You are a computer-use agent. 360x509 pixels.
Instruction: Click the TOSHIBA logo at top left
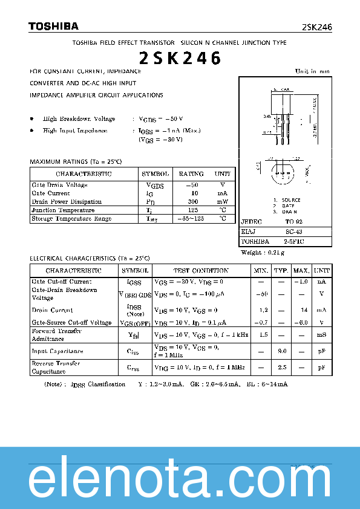pos(53,26)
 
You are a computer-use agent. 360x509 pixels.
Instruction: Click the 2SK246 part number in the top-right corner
pos(316,28)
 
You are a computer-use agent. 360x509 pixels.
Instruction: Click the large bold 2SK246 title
pos(180,58)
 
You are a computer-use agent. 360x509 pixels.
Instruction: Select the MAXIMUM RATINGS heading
pos(76,162)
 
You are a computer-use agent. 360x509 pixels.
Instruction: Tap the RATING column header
pos(191,174)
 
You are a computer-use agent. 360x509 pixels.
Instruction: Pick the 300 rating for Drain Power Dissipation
pos(193,202)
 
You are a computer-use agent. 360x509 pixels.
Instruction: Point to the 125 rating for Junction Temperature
pos(193,210)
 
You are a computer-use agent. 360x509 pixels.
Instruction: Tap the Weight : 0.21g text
pos(262,252)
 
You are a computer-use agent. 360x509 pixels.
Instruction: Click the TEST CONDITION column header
pos(201,271)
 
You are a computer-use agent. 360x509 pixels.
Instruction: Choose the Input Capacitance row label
pos(57,351)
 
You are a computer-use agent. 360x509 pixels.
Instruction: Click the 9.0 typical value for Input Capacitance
pos(281,351)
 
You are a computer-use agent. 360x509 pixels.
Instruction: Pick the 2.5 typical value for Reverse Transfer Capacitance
pos(281,367)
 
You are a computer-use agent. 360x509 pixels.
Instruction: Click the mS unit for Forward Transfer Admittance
pos(322,335)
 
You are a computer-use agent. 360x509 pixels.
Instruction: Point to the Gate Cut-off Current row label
pos(62,282)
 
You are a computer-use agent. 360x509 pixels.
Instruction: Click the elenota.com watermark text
pos(180,481)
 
